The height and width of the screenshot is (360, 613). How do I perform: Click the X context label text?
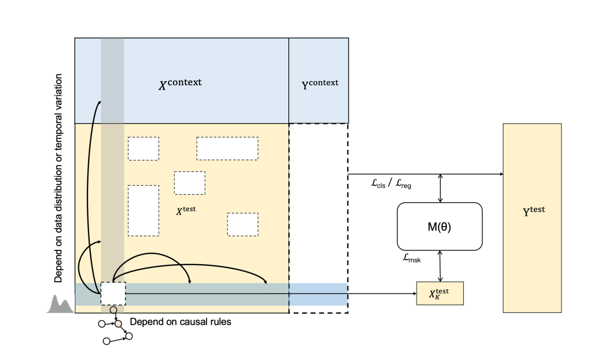(x=179, y=84)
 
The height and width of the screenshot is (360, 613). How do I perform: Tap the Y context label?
(x=319, y=83)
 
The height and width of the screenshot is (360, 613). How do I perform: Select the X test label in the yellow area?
(x=186, y=210)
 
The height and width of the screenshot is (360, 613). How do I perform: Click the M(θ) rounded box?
(x=439, y=227)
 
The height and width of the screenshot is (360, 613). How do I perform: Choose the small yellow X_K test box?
(x=440, y=293)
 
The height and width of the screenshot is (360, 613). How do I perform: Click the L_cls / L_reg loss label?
(x=390, y=185)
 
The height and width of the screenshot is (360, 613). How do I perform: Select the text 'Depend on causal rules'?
(x=180, y=321)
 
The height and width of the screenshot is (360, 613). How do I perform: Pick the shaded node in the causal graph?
(x=118, y=324)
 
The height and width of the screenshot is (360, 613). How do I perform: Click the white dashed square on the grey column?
(x=113, y=294)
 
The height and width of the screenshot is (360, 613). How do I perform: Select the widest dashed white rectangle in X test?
(x=227, y=148)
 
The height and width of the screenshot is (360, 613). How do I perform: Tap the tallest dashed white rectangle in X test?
(x=143, y=210)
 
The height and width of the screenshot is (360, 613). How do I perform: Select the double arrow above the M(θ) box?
(x=440, y=189)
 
